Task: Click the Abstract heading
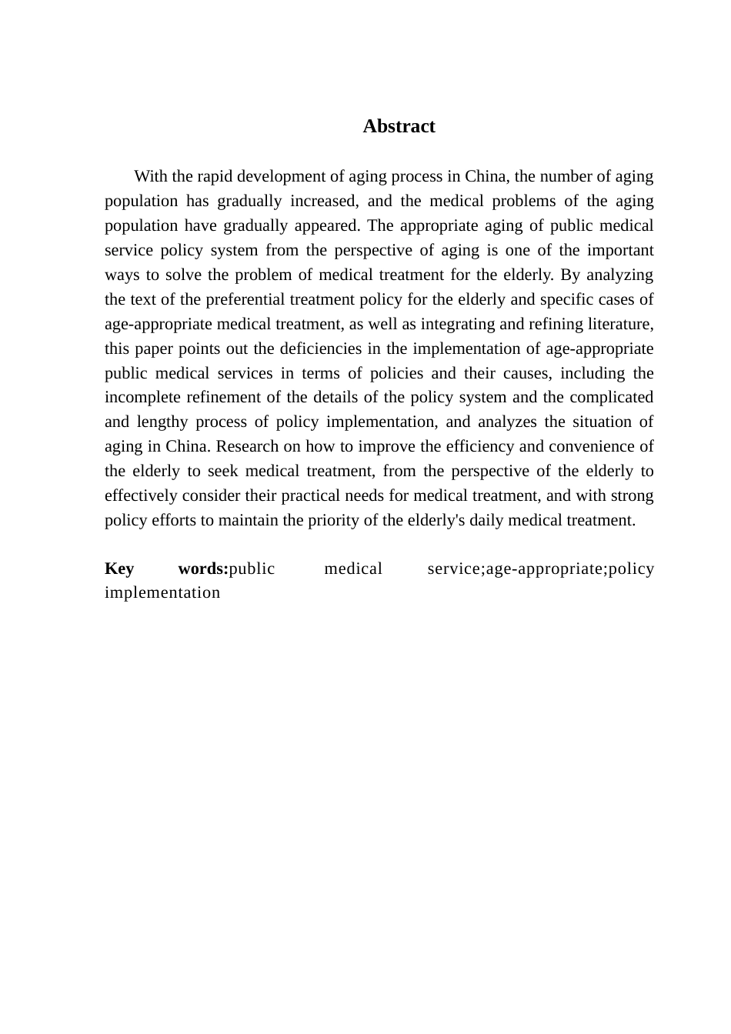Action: pyautogui.click(x=399, y=126)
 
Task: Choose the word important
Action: pyautogui.click(x=620, y=250)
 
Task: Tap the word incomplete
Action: pyautogui.click(x=142, y=398)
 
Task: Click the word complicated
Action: pyautogui.click(x=612, y=398)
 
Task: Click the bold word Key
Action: pyautogui.click(x=119, y=569)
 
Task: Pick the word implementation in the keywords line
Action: pyautogui.click(x=162, y=592)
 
